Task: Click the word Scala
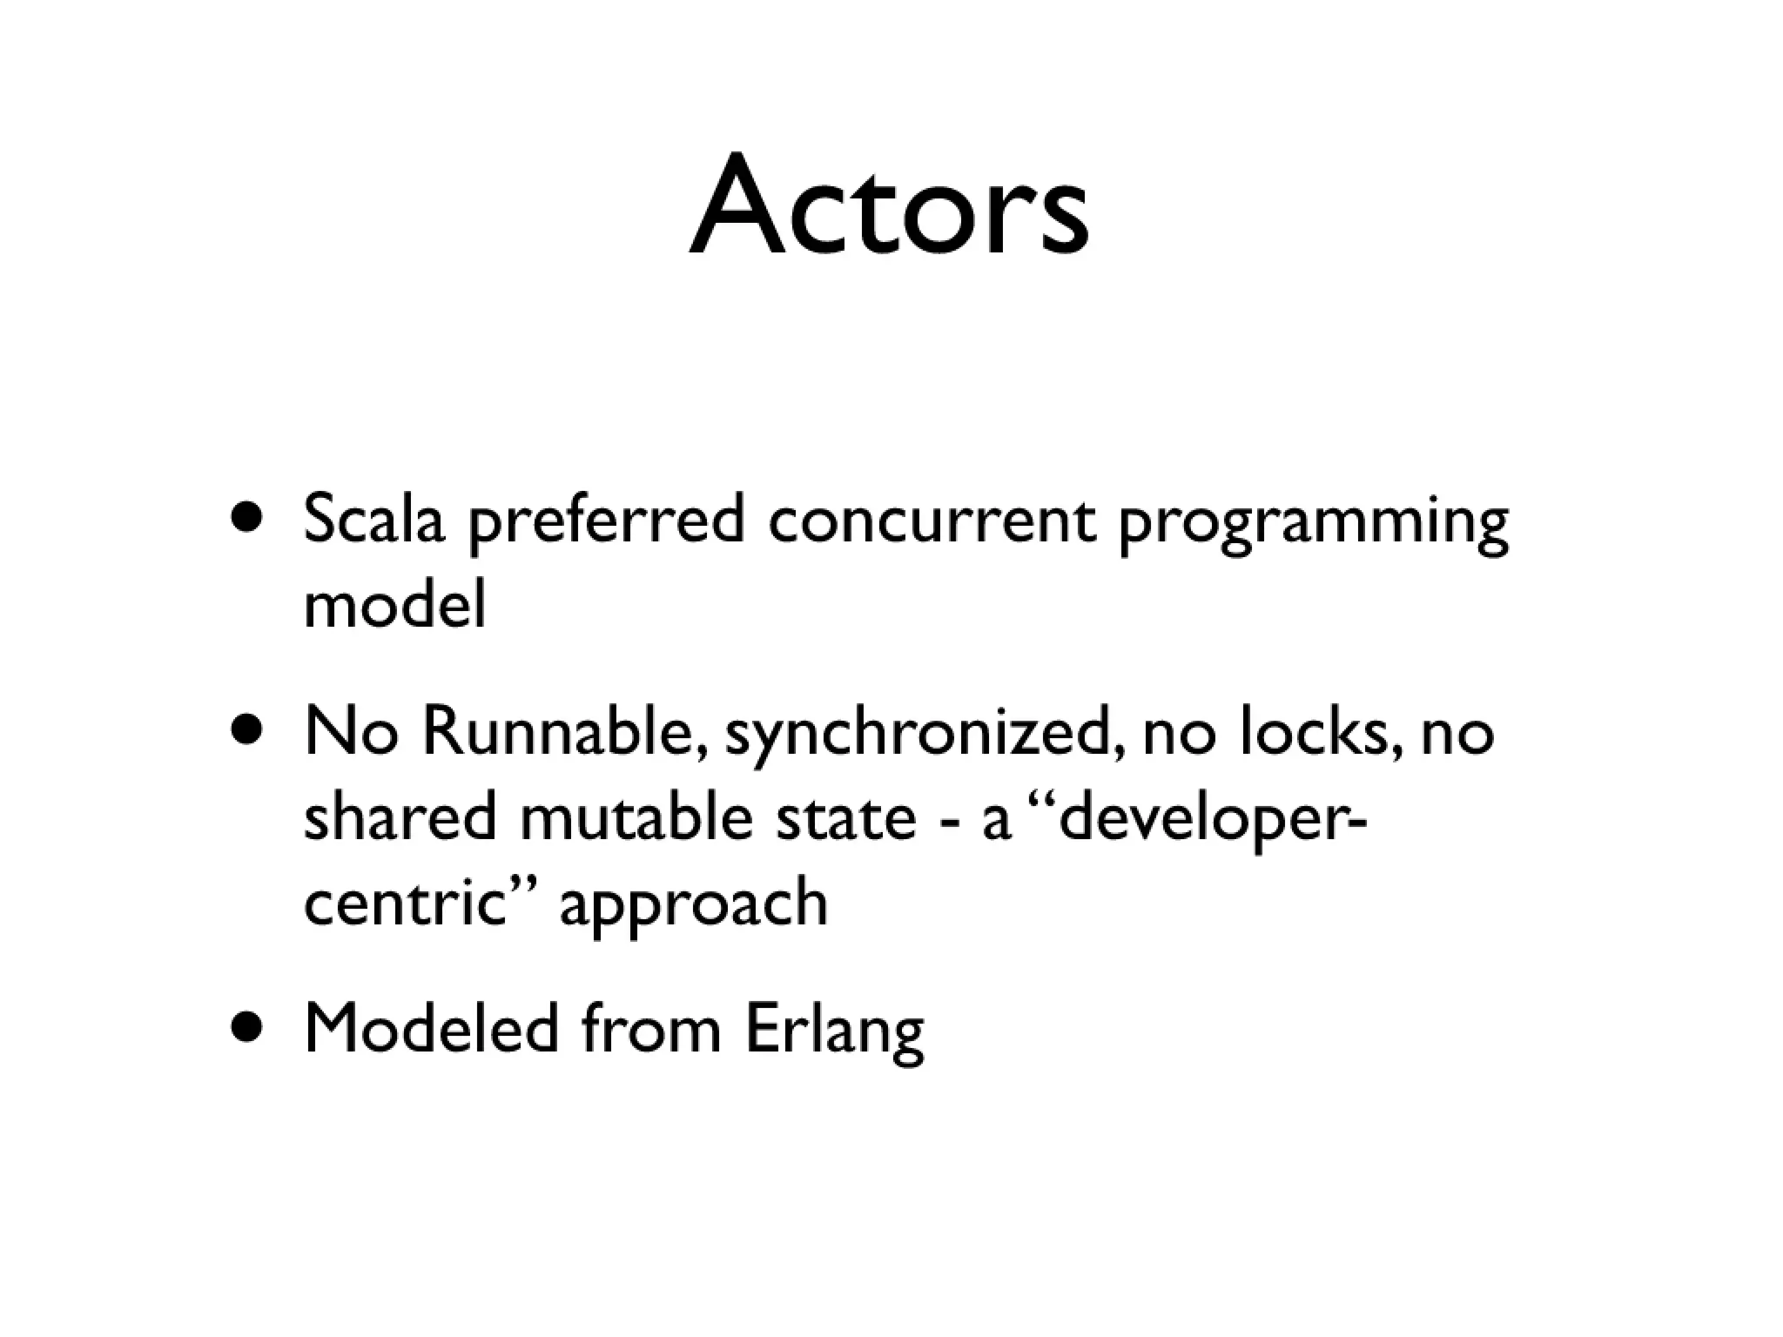click(x=373, y=520)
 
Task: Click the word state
click(x=845, y=818)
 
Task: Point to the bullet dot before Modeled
click(x=247, y=1028)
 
